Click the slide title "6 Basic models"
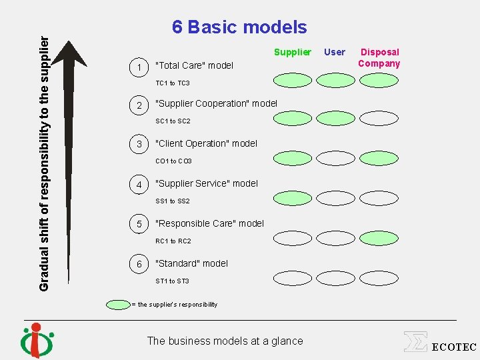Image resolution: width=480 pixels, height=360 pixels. click(x=239, y=27)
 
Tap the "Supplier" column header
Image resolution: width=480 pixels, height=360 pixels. click(x=293, y=52)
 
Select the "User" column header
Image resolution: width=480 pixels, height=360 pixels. click(x=335, y=52)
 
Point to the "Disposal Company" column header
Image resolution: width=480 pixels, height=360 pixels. click(x=379, y=58)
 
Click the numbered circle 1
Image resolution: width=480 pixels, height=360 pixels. click(x=139, y=66)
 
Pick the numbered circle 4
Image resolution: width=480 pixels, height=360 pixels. click(x=139, y=184)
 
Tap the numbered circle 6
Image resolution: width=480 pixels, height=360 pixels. click(x=139, y=264)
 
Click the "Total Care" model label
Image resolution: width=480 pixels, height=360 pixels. click(x=194, y=65)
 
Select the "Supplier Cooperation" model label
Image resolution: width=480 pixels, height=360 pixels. click(x=216, y=103)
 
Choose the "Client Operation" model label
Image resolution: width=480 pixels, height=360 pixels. click(x=206, y=143)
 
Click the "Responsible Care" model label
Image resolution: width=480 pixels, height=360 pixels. click(x=209, y=223)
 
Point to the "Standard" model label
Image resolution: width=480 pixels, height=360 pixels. click(x=191, y=263)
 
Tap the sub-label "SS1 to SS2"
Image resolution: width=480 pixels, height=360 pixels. click(x=173, y=201)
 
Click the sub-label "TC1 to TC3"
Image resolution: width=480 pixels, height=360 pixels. click(x=173, y=83)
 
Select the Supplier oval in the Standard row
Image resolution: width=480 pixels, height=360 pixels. click(x=293, y=277)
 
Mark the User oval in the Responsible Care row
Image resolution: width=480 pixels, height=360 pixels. click(x=335, y=237)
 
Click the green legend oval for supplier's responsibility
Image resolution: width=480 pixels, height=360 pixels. click(x=119, y=305)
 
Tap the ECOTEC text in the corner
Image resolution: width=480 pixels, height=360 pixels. click(x=454, y=347)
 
